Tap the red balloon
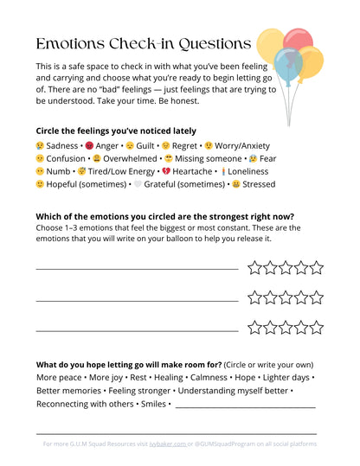(299, 41)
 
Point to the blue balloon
(288, 64)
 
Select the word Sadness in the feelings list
(61, 146)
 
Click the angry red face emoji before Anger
(88, 146)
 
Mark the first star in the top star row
(254, 268)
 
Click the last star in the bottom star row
(316, 328)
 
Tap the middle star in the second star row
(286, 297)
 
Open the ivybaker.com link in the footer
(169, 444)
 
